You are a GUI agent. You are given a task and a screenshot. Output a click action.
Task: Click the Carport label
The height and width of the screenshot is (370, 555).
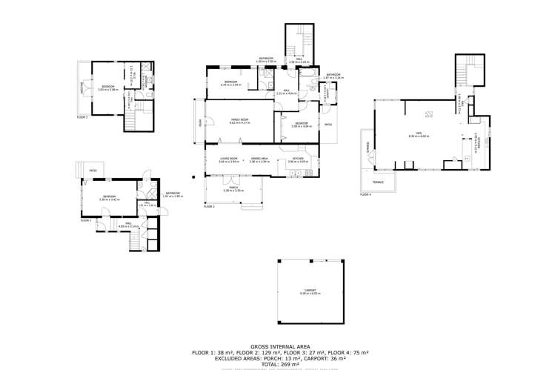(x=309, y=291)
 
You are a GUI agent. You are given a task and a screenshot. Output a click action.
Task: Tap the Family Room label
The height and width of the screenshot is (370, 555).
(x=239, y=119)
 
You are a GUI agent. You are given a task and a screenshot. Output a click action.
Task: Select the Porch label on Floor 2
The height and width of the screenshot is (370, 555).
(x=233, y=188)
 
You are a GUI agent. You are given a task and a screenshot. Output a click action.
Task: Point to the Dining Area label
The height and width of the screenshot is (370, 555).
(x=259, y=159)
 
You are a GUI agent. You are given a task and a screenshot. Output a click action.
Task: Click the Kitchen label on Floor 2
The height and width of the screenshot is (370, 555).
(x=298, y=159)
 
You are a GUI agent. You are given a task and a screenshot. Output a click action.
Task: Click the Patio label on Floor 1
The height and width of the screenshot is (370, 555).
(x=93, y=171)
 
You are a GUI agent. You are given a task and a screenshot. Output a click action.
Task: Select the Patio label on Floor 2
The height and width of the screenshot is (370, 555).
(x=328, y=125)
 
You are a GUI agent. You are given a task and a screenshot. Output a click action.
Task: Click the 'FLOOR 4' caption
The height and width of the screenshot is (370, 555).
(x=365, y=194)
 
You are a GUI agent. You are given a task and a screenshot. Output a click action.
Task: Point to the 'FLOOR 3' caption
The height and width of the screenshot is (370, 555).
(x=82, y=116)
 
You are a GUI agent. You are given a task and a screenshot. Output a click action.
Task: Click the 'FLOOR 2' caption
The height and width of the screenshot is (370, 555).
(x=209, y=206)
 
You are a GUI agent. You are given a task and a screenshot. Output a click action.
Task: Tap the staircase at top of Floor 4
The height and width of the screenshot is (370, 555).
(x=466, y=72)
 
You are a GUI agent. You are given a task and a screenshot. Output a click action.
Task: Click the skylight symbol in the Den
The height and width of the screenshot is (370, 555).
(x=429, y=113)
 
